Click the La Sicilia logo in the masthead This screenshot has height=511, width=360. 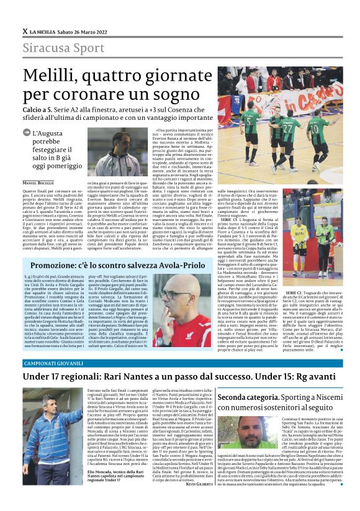tap(43, 30)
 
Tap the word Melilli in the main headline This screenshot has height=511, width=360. tap(53, 76)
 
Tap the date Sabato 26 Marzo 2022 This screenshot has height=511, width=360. tap(91, 30)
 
